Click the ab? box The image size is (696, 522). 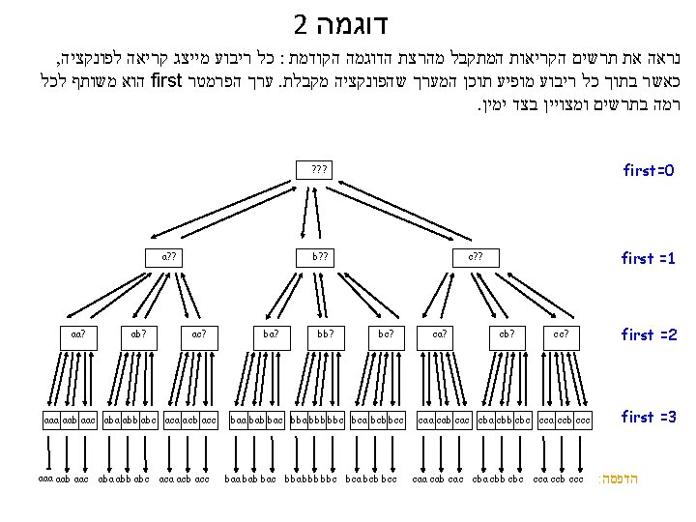(138, 334)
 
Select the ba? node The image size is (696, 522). (272, 334)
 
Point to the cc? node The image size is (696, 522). (560, 334)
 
